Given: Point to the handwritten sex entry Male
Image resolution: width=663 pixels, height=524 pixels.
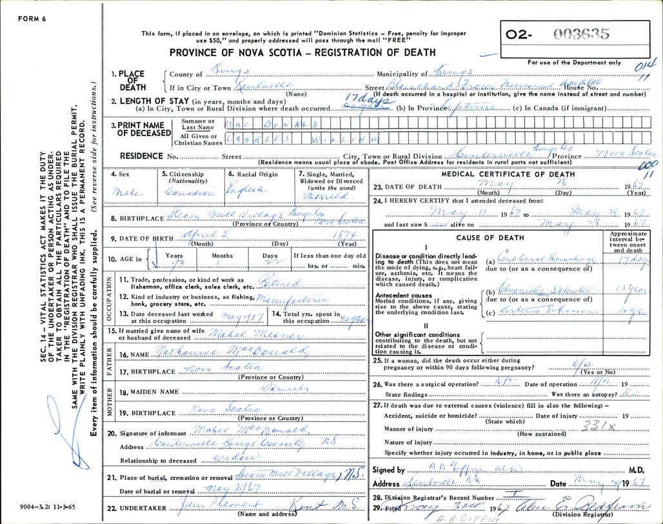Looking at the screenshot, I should click(x=123, y=192).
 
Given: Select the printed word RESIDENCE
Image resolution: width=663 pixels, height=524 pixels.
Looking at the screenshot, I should click(x=139, y=156).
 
